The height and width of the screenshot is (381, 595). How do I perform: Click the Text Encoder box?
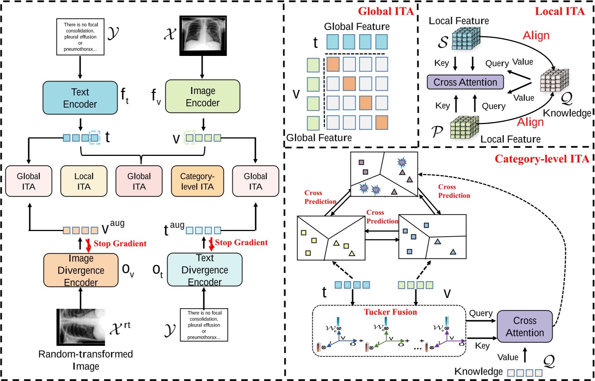pos(80,98)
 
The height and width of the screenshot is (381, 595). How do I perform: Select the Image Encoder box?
pos(203,96)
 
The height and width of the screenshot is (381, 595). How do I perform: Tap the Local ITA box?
pos(84,181)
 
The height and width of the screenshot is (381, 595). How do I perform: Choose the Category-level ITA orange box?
pos(197,181)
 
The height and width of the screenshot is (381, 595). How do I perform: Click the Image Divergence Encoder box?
pos(81,270)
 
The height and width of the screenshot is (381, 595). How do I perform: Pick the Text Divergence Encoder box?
pos(204,270)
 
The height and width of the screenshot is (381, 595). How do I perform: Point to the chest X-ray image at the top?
pos(203,36)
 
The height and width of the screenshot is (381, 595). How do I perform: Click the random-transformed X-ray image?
pos(81,327)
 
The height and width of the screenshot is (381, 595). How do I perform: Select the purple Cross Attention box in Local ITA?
pos(465,82)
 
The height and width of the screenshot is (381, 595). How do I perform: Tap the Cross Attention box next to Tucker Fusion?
pos(524,326)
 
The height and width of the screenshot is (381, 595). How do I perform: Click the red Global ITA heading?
pos(385,11)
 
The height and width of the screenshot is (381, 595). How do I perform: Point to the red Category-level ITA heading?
pos(542,159)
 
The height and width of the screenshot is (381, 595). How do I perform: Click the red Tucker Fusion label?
pos(390,312)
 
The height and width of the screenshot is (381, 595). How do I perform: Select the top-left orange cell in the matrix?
pos(333,64)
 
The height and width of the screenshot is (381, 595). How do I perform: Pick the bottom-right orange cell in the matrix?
pos(381,123)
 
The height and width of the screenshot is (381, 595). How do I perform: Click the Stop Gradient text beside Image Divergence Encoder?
pos(120,244)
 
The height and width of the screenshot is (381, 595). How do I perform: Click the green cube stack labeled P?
pos(464,127)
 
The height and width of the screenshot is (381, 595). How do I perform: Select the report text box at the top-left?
pos(80,37)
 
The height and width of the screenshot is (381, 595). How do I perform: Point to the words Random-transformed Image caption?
pos(86,360)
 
